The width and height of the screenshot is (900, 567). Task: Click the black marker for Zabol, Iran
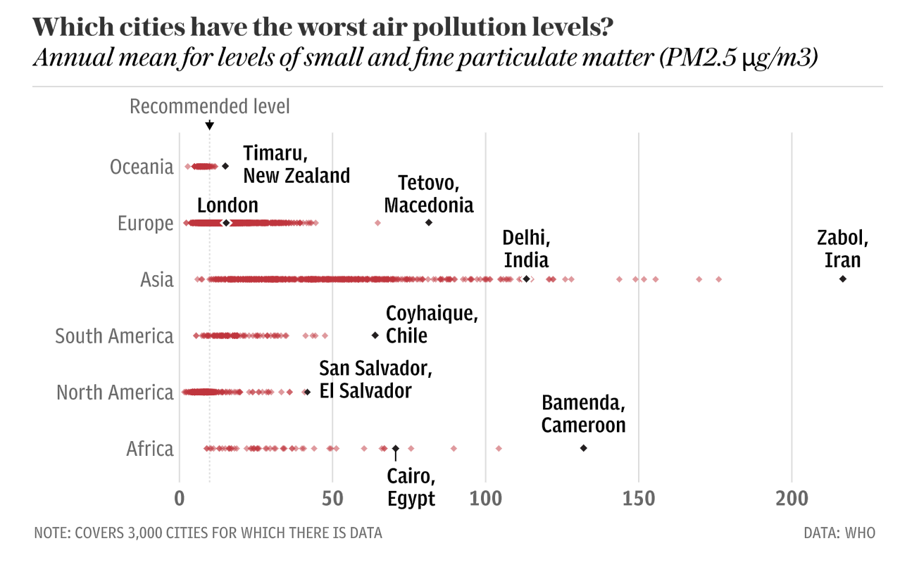click(842, 279)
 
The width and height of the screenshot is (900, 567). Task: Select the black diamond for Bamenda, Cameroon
click(583, 448)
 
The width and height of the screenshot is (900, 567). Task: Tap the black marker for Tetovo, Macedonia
click(429, 222)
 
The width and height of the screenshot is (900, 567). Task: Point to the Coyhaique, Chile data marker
click(375, 336)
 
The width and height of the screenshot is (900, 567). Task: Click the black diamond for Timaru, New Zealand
click(225, 166)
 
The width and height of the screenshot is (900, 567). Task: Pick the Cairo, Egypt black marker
click(395, 448)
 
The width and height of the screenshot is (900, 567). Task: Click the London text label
click(227, 205)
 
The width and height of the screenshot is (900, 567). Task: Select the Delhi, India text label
click(525, 248)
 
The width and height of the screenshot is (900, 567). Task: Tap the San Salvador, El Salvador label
click(375, 379)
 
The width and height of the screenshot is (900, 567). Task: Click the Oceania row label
click(142, 167)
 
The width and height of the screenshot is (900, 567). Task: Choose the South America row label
click(114, 336)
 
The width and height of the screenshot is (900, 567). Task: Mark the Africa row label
click(149, 449)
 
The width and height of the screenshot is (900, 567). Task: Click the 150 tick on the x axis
click(638, 499)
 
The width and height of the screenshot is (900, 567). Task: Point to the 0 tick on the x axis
click(180, 499)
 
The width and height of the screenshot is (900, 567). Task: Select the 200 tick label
click(792, 499)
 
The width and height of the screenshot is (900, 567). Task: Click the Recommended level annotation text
click(210, 106)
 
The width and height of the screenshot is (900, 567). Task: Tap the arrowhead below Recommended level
click(209, 125)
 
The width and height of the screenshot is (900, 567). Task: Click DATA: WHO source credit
click(839, 533)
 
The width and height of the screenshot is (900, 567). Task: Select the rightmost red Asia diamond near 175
click(718, 279)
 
